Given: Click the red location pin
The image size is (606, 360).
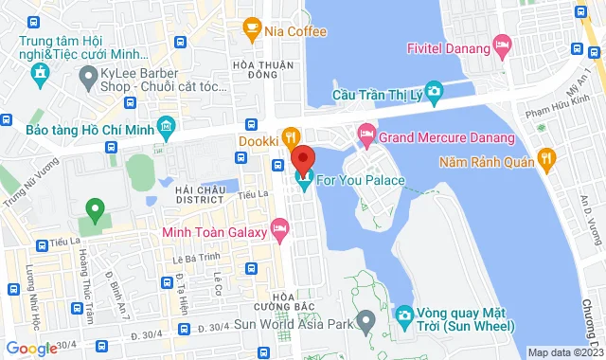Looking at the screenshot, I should [x=302, y=158].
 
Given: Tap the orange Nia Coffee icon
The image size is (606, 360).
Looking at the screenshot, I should [x=252, y=31].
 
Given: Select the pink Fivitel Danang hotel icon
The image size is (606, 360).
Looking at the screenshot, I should [x=502, y=45].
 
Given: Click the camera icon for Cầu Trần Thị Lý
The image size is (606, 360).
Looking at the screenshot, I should [x=434, y=92].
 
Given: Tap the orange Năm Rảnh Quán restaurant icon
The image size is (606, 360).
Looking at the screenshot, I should [x=545, y=157].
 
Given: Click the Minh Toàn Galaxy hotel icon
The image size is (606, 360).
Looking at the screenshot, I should [x=278, y=227].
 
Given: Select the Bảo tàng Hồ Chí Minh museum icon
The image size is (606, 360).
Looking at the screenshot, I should [x=166, y=126].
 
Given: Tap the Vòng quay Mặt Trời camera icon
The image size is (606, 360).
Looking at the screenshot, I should [x=403, y=313].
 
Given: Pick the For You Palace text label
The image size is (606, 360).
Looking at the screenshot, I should [x=361, y=180].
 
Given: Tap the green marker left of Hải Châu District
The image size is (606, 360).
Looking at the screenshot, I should [x=94, y=207].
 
